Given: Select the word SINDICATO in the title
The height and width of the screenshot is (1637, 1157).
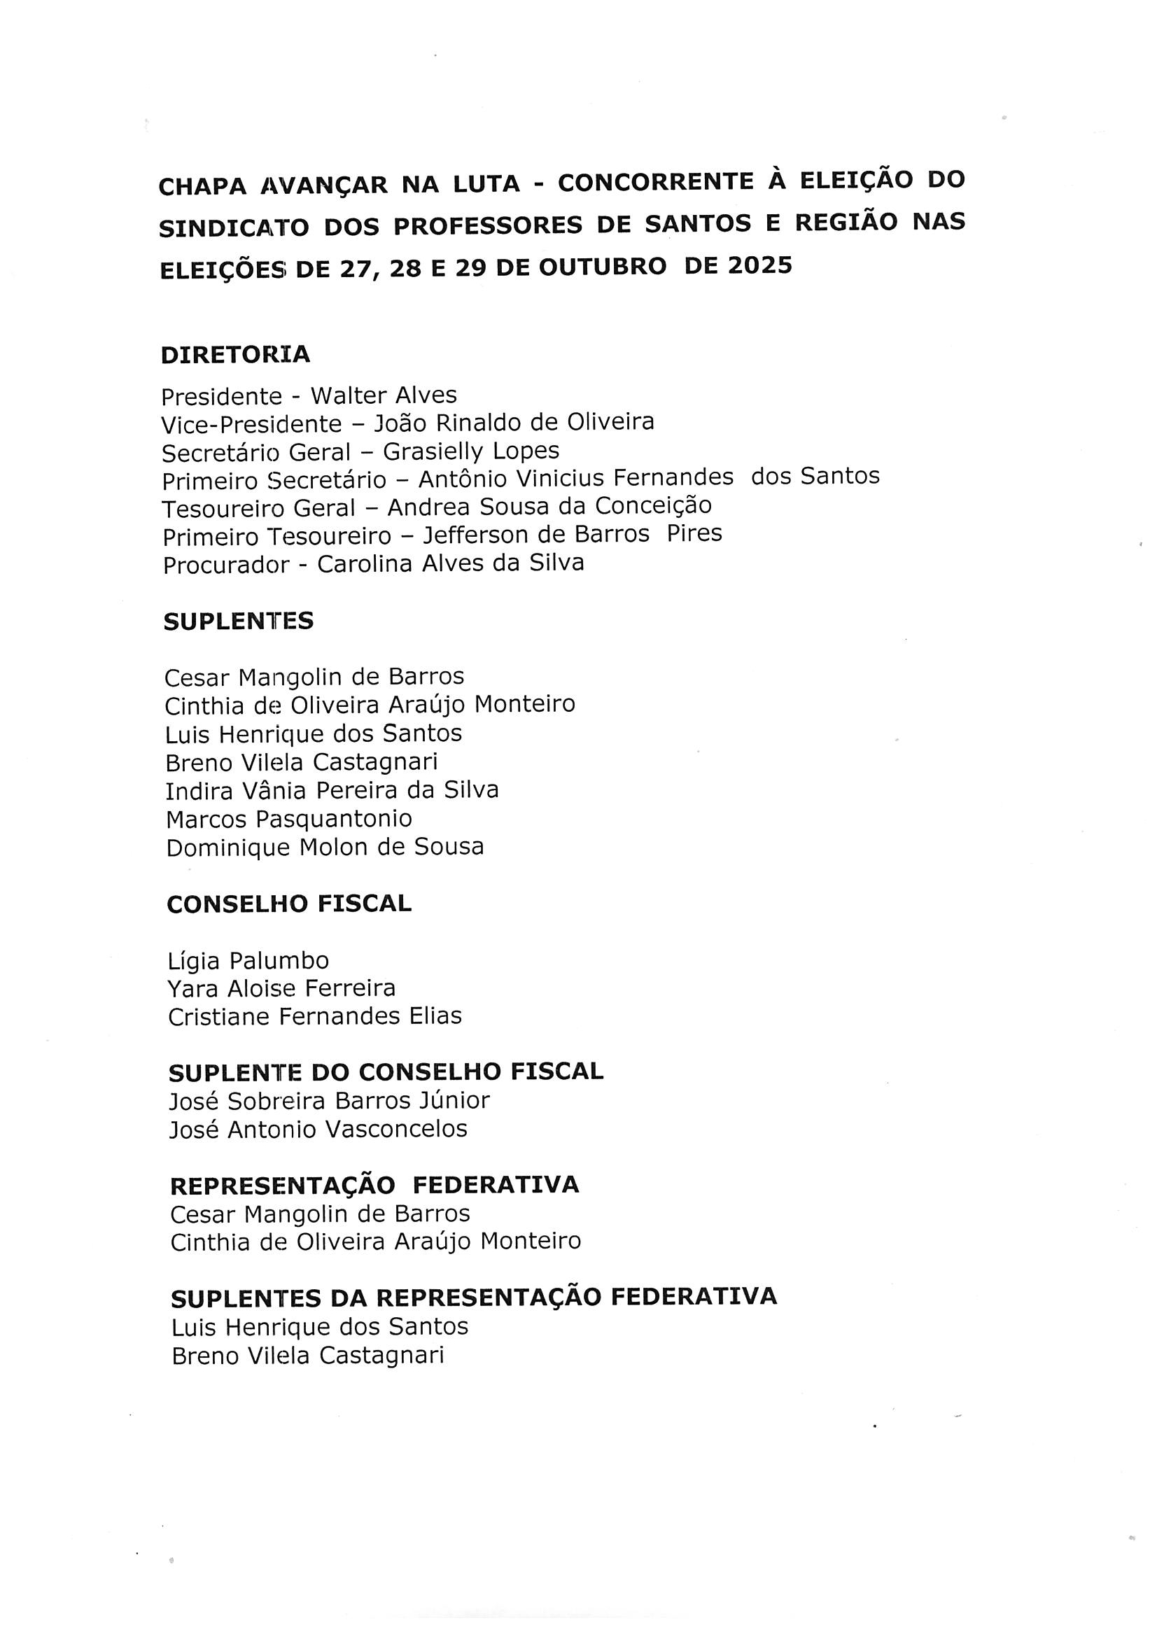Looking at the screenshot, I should pos(234,228).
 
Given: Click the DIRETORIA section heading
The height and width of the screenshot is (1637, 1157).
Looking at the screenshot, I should pos(235,354).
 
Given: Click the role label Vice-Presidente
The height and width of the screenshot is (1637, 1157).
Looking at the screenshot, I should pos(252,424).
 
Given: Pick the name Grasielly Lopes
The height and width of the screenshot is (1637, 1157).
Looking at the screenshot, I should pos(471,451).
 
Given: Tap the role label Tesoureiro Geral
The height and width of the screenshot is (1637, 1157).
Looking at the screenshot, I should pos(258,509).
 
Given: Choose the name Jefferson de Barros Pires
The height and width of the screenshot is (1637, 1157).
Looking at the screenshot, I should pos(573,535).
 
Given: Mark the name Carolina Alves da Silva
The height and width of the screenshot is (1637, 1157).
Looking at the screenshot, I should pos(451,563).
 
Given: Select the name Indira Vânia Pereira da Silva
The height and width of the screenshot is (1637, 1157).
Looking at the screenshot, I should pos(332,791).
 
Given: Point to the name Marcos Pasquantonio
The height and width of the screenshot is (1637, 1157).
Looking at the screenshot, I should pos(288,820).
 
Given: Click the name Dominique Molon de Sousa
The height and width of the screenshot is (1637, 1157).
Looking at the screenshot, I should pos(325,848).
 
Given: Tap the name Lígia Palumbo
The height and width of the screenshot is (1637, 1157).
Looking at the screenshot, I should pos(248,961).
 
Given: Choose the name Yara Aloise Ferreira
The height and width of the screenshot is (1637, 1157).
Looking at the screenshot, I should pos(281,989).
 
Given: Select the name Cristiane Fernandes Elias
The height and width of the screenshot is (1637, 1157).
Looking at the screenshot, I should pos(315,1017).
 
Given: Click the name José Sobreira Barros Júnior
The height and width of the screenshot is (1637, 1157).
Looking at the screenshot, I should pos(330,1102).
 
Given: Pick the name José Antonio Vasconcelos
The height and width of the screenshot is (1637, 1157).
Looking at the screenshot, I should pos(318,1130).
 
